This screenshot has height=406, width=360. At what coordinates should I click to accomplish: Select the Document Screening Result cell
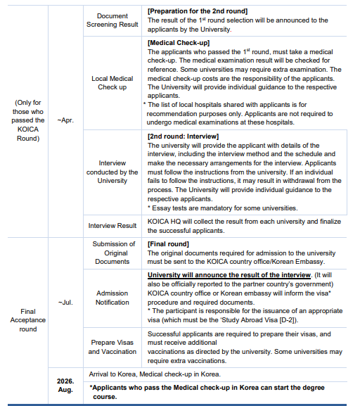click(112, 20)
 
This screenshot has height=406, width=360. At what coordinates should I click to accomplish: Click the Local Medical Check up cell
click(112, 83)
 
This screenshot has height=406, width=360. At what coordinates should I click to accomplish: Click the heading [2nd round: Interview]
click(184, 135)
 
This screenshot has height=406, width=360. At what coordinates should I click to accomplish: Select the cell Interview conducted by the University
click(112, 172)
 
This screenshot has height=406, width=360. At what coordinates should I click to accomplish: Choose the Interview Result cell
click(112, 226)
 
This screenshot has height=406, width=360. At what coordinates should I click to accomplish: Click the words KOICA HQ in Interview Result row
click(163, 221)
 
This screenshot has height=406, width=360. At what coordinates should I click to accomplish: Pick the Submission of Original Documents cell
click(112, 253)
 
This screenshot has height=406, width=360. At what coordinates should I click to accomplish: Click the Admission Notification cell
click(112, 298)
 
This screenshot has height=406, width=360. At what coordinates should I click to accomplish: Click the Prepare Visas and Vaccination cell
click(112, 347)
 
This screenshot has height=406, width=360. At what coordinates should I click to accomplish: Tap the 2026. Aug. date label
click(65, 385)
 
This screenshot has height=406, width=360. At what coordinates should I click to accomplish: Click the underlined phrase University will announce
click(193, 274)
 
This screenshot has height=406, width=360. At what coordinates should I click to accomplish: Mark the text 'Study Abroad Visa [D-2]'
click(281, 317)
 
